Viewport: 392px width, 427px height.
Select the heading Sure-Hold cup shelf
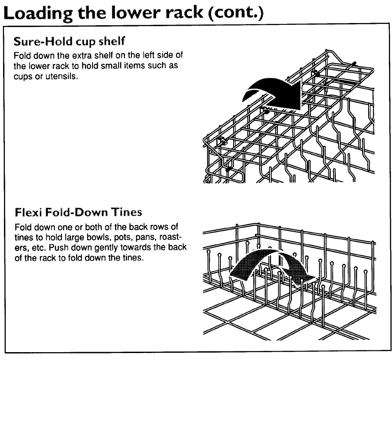pyautogui.click(x=70, y=42)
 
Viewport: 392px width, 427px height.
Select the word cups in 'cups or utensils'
pyautogui.click(x=22, y=77)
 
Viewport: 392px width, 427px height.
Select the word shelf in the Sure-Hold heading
pyautogui.click(x=114, y=42)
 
